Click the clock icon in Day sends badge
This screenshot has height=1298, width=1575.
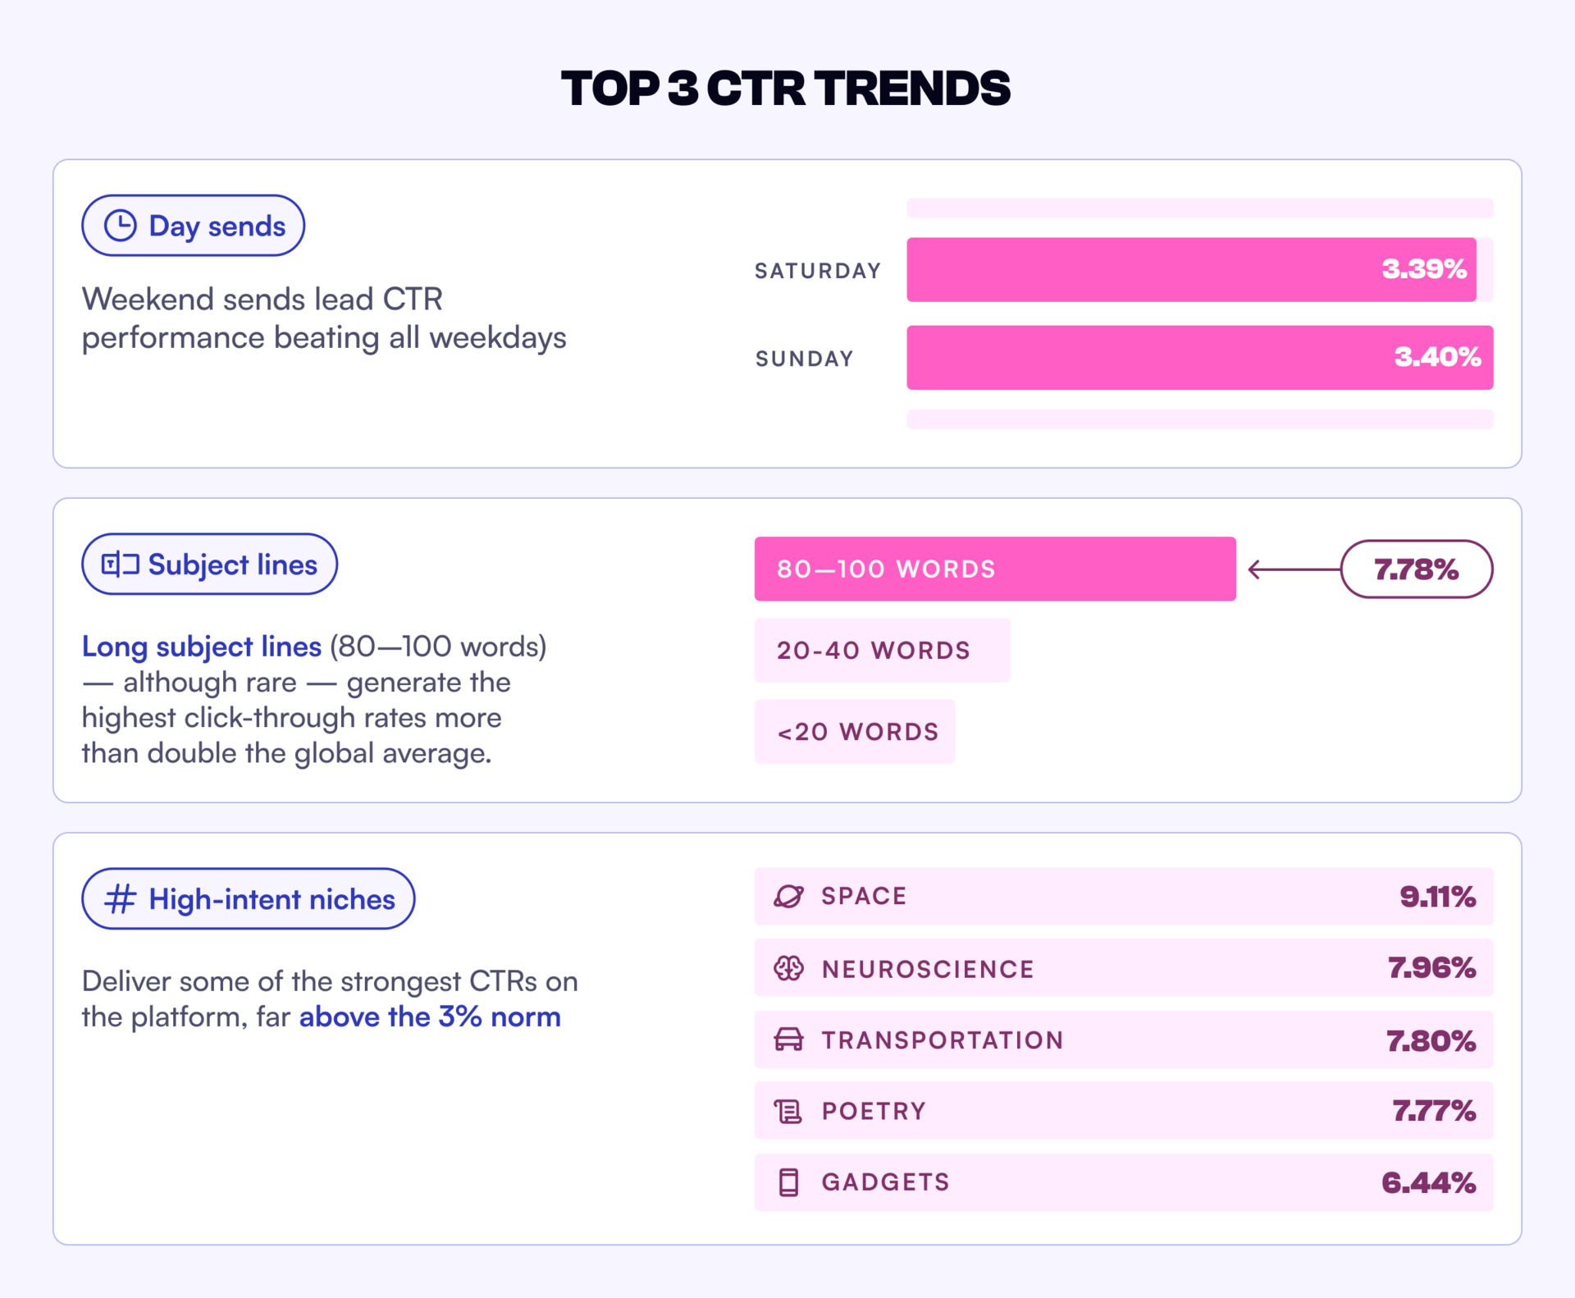point(121,226)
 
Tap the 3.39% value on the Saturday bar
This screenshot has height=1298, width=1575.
point(1423,269)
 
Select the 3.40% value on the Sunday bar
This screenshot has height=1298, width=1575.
point(1437,357)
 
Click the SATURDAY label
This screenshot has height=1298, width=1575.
point(818,271)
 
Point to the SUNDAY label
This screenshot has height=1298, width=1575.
point(805,359)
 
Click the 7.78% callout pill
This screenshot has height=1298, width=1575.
point(1416,569)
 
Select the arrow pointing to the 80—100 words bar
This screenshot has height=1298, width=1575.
point(1294,569)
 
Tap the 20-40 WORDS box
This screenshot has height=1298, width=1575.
point(882,650)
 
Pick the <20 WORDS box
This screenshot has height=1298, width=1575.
point(855,731)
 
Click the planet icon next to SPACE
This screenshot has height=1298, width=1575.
point(788,896)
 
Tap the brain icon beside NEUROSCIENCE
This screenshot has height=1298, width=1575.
point(788,968)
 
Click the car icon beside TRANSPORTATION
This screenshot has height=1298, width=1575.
point(788,1040)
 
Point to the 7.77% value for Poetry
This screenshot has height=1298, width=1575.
point(1434,1111)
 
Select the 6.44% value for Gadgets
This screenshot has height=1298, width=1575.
point(1428,1182)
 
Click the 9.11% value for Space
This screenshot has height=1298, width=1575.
point(1437,896)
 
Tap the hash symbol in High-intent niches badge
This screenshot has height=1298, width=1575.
point(120,898)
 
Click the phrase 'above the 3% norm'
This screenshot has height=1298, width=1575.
point(430,1017)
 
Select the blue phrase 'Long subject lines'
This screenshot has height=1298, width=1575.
point(201,647)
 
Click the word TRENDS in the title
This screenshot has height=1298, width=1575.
point(913,89)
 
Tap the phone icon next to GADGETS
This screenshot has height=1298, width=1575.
point(788,1182)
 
